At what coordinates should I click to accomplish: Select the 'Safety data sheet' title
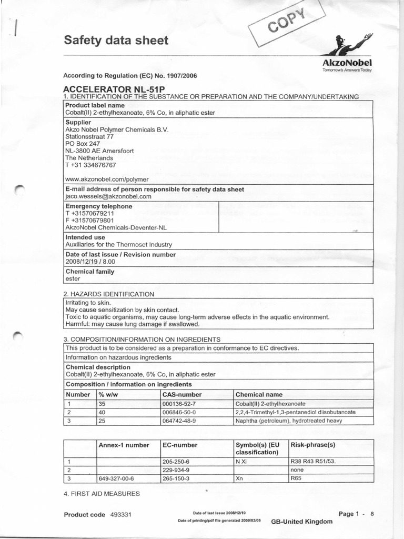[x=116, y=41]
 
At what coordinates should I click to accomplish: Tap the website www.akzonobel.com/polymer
[x=107, y=179]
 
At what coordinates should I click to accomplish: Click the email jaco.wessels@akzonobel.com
[x=108, y=196]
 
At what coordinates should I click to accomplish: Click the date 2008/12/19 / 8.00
[x=90, y=261]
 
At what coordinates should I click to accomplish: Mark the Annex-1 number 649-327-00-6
[x=116, y=478]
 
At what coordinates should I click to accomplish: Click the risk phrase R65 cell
[x=298, y=478]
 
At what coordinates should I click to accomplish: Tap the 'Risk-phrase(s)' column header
[x=312, y=445]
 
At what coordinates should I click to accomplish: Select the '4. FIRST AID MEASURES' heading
[x=102, y=493]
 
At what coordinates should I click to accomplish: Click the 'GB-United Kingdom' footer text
[x=301, y=521]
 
